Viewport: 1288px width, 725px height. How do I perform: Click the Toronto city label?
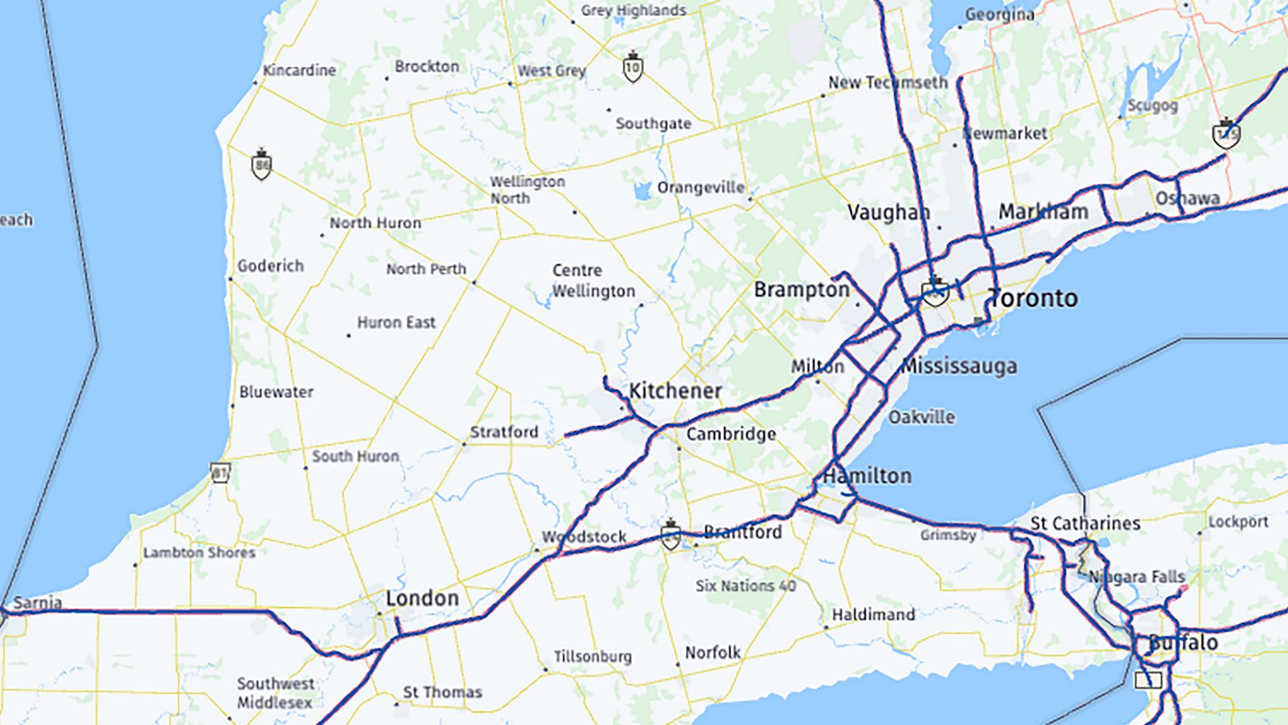(x=1034, y=298)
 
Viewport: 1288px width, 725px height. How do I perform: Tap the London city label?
(x=422, y=598)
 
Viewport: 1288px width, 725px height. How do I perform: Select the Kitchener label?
(x=675, y=391)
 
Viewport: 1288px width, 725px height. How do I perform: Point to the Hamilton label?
(x=867, y=476)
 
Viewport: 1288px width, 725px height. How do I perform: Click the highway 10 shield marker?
(x=633, y=67)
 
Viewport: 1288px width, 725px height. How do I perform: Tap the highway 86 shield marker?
(x=261, y=164)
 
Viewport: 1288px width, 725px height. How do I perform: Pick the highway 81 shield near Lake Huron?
(x=220, y=472)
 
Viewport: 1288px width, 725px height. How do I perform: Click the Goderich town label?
(x=270, y=266)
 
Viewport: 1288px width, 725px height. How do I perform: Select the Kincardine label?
(x=299, y=70)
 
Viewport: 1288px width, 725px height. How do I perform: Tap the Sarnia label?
(x=38, y=603)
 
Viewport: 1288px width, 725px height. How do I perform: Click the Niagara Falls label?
(x=1136, y=577)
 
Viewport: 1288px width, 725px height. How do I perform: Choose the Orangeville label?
(x=700, y=187)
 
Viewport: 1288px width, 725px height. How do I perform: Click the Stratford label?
(x=504, y=432)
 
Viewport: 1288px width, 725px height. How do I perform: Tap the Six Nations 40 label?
(x=745, y=586)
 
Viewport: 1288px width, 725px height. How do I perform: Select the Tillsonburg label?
(x=592, y=657)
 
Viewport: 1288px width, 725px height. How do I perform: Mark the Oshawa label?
(x=1187, y=199)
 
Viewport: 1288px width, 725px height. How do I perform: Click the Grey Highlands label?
(x=633, y=11)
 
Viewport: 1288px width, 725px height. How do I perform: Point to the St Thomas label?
(x=442, y=692)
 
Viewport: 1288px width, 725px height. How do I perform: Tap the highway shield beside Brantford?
(x=669, y=535)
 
